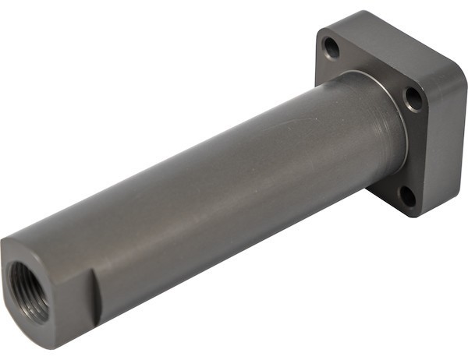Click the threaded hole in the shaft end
(x=30, y=290)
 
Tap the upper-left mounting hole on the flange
(x=332, y=48)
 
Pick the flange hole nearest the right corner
(x=413, y=97)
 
